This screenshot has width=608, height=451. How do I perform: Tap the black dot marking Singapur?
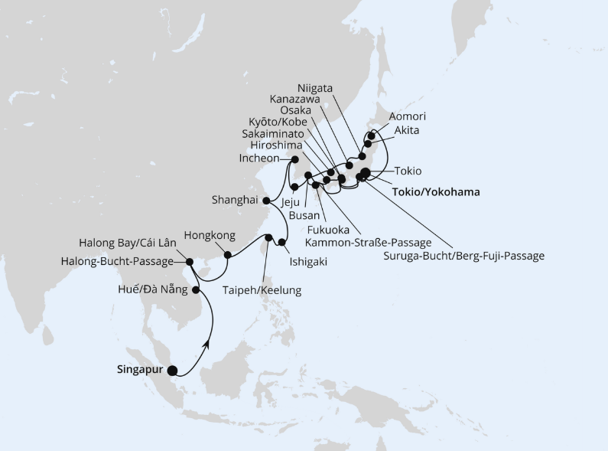coord(172,371)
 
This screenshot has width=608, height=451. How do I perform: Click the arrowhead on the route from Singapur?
coord(207,347)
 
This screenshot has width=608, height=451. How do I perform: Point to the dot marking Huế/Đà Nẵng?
coord(196,290)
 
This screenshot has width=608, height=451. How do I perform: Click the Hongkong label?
coord(210,236)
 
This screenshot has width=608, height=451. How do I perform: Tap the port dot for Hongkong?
coord(227,255)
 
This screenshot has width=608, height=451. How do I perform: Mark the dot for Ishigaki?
coord(282,243)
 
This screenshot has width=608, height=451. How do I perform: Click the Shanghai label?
coord(234,201)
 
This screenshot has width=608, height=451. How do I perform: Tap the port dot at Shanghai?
coord(265,201)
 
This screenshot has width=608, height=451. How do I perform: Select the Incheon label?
coord(260,159)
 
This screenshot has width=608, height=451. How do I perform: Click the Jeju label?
coord(291,203)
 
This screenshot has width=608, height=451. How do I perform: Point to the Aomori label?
coord(407,116)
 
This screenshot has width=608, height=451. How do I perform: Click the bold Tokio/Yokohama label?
coord(435,192)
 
